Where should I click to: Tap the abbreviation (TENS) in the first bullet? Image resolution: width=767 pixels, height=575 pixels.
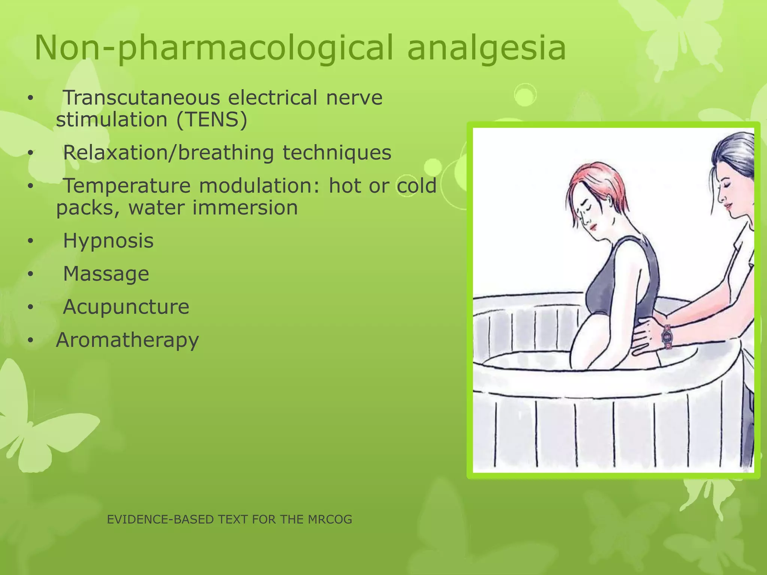click(212, 120)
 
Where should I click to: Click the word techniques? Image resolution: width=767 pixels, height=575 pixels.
click(337, 153)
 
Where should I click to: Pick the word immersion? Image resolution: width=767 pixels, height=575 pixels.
click(245, 208)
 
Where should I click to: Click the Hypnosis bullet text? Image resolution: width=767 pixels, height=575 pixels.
click(108, 241)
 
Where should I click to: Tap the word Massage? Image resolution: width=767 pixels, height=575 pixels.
click(106, 274)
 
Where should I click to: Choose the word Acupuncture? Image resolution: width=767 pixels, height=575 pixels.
click(126, 307)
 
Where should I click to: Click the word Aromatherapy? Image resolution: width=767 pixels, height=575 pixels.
click(127, 340)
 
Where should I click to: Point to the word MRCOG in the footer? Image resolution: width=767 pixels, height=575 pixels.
click(330, 519)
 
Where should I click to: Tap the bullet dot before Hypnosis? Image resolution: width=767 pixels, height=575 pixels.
click(30, 241)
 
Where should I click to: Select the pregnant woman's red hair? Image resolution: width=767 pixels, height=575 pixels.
click(599, 183)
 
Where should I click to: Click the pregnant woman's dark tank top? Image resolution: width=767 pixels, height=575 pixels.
click(633, 277)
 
